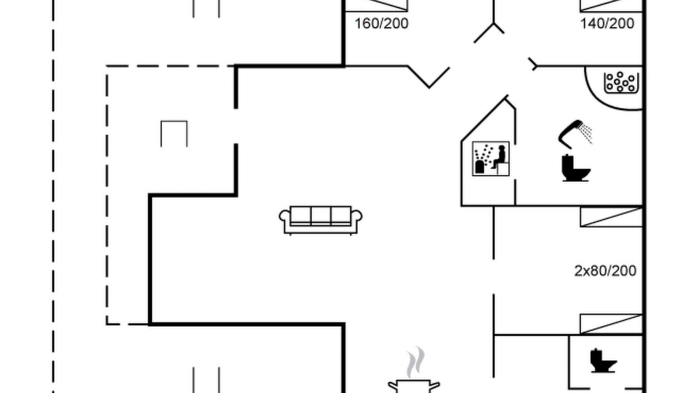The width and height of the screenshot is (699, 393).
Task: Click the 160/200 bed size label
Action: (x=381, y=23)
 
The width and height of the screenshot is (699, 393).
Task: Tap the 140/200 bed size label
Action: (x=607, y=23)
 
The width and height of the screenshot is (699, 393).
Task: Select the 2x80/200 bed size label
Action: (x=606, y=271)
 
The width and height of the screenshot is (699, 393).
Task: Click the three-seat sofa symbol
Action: (x=321, y=220)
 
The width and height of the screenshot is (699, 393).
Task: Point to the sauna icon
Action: (x=491, y=159)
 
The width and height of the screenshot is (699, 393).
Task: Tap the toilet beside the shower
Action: (x=576, y=168)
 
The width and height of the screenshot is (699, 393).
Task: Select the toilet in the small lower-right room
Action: (x=603, y=361)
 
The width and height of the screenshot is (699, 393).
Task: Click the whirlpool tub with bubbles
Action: (x=621, y=83)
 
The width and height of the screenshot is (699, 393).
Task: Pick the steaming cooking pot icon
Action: (x=414, y=386)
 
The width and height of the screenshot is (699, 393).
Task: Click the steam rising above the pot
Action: (x=416, y=362)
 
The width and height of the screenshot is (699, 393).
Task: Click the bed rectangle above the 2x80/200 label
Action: (x=611, y=217)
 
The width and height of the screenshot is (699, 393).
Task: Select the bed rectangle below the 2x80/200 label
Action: (x=611, y=324)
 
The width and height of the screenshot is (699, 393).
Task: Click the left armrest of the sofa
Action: (x=285, y=216)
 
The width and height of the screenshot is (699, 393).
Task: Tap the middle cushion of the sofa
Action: (x=321, y=215)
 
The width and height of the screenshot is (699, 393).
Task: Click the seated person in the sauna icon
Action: (x=499, y=157)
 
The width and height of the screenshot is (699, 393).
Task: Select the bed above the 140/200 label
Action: (x=611, y=5)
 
